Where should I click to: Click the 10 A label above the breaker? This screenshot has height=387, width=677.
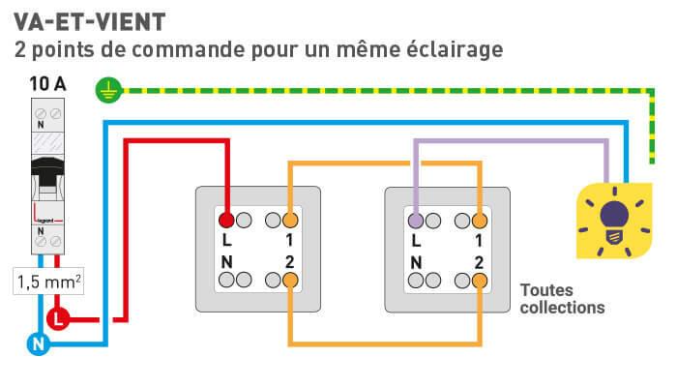click(47, 84)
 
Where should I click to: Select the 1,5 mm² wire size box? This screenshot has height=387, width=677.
click(47, 283)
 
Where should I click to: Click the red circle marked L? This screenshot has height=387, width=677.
click(59, 317)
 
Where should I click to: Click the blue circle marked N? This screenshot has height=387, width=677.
click(38, 342)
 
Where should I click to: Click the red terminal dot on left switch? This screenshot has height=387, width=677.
click(226, 219)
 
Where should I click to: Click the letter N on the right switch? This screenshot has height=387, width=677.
click(416, 261)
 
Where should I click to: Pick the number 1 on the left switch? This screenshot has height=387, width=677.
click(289, 239)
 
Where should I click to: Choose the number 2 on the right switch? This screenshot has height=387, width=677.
click(479, 261)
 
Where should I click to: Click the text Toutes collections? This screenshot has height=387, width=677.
click(561, 299)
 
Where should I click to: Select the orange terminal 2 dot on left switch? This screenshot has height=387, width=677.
click(290, 281)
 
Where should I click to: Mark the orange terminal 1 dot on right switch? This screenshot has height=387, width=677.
click(480, 219)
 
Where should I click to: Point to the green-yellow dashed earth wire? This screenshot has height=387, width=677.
click(387, 91)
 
